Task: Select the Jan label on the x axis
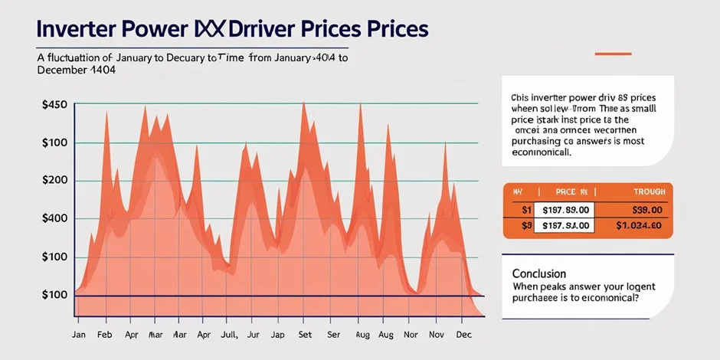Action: click(x=78, y=335)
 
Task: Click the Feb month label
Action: click(x=105, y=335)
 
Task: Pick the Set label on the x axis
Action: click(x=305, y=335)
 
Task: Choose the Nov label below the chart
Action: click(x=437, y=335)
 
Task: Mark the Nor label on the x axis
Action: click(x=411, y=335)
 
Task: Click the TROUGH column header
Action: click(x=649, y=191)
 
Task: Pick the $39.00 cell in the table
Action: click(x=647, y=209)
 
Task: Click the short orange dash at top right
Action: click(x=613, y=54)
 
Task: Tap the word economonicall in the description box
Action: click(x=541, y=152)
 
